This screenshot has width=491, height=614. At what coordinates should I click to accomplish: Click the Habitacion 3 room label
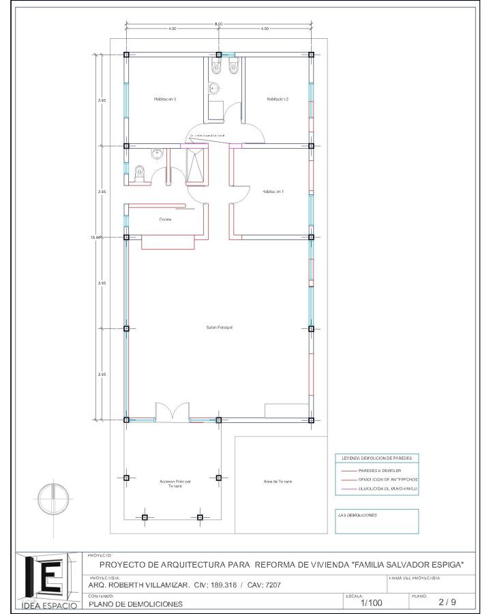165,99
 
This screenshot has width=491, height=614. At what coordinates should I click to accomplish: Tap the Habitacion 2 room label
278,99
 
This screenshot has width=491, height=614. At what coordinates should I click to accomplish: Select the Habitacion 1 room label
273,192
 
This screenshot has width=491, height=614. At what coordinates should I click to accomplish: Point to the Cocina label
165,220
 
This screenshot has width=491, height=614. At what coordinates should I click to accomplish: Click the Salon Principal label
220,327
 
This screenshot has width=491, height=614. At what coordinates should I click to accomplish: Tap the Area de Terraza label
278,482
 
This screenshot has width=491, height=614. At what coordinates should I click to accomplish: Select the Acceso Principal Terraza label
175,483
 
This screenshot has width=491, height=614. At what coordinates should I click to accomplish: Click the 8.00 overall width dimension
218,25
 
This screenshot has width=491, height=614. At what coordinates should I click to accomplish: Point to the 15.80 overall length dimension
95,237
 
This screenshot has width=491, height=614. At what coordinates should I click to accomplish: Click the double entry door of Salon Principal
170,413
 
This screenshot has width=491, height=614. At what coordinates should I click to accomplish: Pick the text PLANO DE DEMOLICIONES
136,604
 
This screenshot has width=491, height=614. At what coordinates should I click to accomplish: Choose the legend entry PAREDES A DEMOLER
380,471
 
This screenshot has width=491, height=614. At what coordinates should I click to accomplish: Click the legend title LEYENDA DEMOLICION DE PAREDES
376,458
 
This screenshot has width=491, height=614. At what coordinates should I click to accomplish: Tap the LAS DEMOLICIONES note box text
357,515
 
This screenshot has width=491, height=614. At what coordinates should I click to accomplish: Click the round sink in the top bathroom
213,89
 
